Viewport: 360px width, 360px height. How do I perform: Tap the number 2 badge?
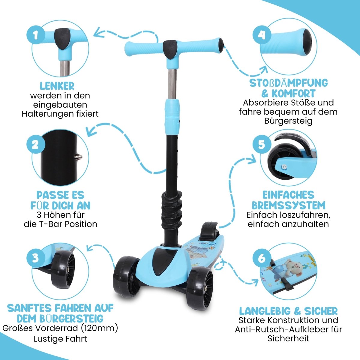tap(35, 145)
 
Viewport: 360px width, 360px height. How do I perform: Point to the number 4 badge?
tap(262, 35)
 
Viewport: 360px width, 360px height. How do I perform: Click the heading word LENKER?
tap(57, 86)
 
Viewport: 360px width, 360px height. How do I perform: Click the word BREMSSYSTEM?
tap(289, 205)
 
